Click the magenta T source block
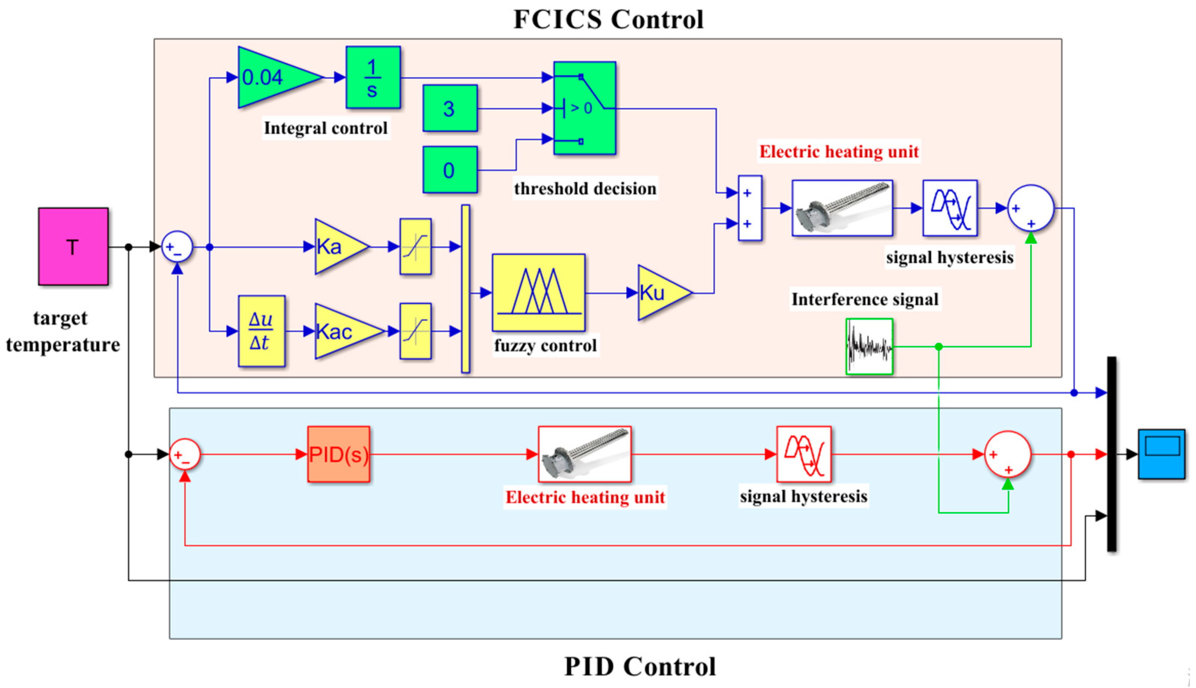73,246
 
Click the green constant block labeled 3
450,108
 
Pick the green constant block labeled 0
450,169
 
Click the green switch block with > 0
584,108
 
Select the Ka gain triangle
342,246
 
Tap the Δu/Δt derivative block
261,331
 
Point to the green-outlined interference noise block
869,347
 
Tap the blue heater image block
842,208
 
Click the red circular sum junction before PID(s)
185,455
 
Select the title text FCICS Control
609,20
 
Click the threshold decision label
585,189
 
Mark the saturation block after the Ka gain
415,246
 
